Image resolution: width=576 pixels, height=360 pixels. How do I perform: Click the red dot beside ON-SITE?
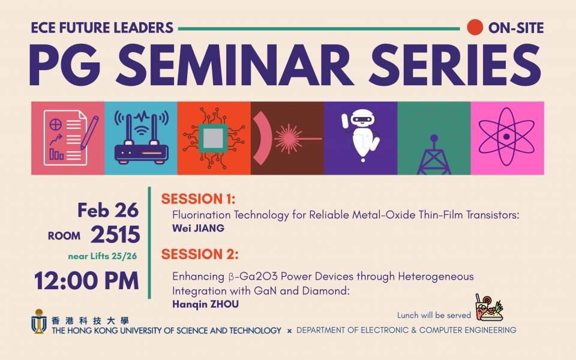(475, 27)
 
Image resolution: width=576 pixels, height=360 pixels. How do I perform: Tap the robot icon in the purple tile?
(361, 135)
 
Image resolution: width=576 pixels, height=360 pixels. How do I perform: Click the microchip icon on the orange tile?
(214, 138)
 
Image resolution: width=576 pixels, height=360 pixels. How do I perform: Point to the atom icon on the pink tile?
(506, 137)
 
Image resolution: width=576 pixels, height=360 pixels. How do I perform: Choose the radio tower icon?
(434, 155)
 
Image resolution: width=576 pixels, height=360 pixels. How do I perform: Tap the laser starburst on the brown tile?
(289, 139)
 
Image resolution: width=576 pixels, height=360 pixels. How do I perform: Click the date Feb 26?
(108, 210)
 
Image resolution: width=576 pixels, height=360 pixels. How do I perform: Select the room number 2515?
(115, 235)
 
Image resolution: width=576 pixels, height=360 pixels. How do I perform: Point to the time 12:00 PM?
(86, 281)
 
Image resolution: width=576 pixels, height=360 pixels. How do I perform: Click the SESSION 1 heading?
(198, 199)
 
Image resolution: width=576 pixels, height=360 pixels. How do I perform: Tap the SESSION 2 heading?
(200, 254)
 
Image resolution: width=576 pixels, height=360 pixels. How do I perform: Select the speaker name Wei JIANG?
(199, 228)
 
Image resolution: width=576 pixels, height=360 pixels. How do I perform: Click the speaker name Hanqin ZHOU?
(205, 304)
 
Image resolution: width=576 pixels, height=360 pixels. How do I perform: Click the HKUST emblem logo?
(38, 321)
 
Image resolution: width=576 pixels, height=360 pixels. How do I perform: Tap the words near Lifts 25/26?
(103, 256)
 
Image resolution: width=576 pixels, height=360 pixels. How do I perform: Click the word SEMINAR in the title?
(235, 65)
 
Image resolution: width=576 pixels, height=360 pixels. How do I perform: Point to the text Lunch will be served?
(434, 315)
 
